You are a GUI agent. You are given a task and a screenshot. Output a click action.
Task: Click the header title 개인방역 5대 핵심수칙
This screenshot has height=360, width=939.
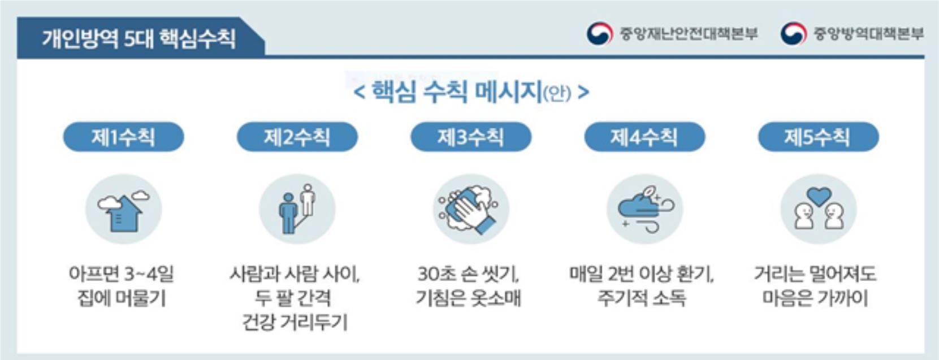[139, 39]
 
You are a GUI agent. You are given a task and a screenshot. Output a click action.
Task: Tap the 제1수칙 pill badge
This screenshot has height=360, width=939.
[123, 137]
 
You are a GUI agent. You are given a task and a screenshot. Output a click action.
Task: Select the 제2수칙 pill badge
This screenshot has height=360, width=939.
[297, 137]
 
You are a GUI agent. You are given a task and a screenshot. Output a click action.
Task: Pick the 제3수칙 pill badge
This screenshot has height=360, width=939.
[471, 137]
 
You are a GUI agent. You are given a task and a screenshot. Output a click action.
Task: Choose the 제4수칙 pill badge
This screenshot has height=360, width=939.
[644, 137]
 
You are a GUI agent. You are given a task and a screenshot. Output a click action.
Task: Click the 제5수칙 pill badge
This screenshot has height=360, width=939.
[818, 137]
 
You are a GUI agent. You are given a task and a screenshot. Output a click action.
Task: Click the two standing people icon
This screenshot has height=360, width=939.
[297, 209]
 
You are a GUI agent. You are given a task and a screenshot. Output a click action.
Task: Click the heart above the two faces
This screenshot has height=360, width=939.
[819, 196]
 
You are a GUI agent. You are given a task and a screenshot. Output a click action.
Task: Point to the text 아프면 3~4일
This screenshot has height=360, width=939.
[121, 275]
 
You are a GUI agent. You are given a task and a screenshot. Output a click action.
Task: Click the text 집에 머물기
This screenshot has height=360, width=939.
[122, 299]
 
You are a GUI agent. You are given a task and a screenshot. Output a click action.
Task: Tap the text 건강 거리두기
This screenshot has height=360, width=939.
[295, 323]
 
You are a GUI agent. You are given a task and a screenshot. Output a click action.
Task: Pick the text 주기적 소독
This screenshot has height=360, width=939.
[642, 299]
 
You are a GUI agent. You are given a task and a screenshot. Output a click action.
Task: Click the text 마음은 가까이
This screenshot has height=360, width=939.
[815, 299]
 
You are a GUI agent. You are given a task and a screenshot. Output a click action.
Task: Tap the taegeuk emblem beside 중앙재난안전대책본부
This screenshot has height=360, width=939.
[600, 33]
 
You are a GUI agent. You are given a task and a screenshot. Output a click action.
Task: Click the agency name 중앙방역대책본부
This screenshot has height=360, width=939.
[868, 33]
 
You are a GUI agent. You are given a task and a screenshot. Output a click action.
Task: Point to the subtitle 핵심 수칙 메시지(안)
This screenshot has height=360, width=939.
[471, 92]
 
